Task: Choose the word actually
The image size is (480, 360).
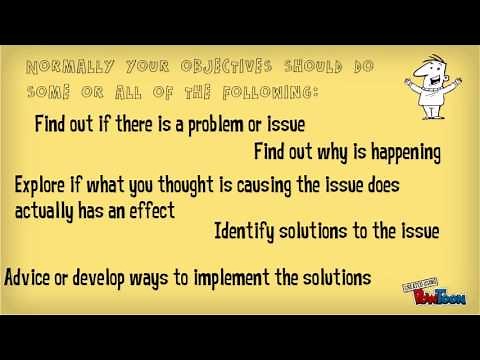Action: tap(45, 211)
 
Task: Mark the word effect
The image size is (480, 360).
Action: tap(150, 211)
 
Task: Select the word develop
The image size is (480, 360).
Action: tap(102, 276)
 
